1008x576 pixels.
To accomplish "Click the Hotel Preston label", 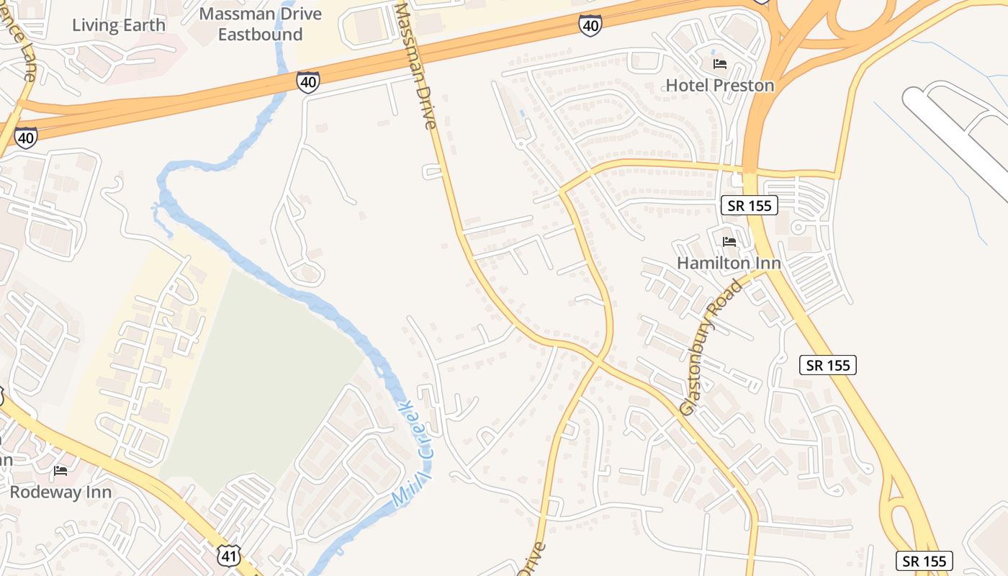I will pyautogui.click(x=719, y=85).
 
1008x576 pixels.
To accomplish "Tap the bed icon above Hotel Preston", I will pyautogui.click(x=719, y=64).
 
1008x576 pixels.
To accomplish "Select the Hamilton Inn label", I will pyautogui.click(x=729, y=263).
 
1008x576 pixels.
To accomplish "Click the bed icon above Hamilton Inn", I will pyautogui.click(x=729, y=242).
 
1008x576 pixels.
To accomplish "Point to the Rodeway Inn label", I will pyautogui.click(x=60, y=492).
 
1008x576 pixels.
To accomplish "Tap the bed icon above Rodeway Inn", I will pyautogui.click(x=60, y=471).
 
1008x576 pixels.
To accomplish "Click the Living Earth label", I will pyautogui.click(x=119, y=25).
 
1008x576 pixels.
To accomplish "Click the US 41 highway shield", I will pyautogui.click(x=228, y=555).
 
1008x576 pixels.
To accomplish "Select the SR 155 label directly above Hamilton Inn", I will pyautogui.click(x=750, y=205).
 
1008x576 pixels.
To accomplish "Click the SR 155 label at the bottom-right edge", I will pyautogui.click(x=924, y=561).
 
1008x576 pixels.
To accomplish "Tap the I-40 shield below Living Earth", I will pyautogui.click(x=26, y=137).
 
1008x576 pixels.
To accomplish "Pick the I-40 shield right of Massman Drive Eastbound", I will pyautogui.click(x=590, y=27).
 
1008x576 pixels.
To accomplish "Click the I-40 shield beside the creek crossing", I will pyautogui.click(x=308, y=82).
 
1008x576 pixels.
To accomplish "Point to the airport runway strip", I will pyautogui.click(x=958, y=137).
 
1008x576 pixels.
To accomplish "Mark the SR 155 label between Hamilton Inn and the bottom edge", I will pyautogui.click(x=828, y=365).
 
